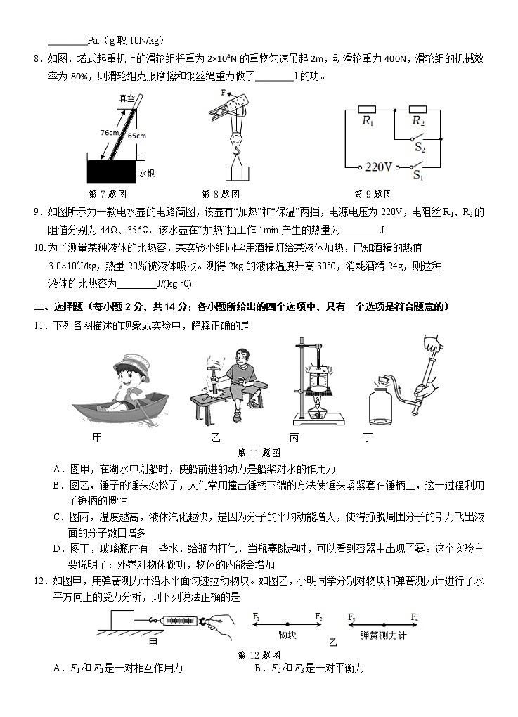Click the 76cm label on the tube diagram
click(x=109, y=132)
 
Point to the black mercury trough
click(x=110, y=172)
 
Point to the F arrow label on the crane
click(x=223, y=93)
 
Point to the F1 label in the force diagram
click(x=257, y=616)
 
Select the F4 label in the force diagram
click(x=415, y=616)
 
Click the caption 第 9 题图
click(x=373, y=194)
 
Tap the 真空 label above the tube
click(x=127, y=99)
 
